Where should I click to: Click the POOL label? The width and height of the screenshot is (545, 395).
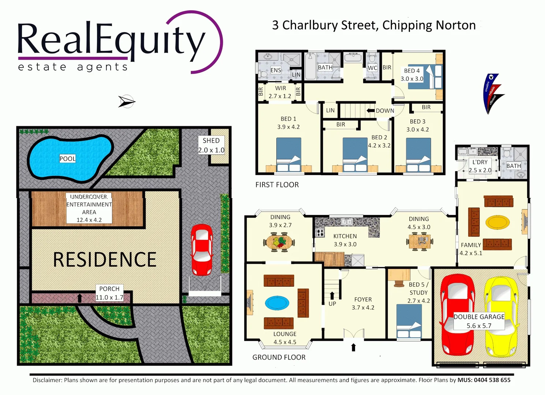tap(67, 158)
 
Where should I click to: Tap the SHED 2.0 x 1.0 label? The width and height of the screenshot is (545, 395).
tap(211, 145)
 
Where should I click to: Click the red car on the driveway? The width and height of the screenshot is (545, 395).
tap(201, 250)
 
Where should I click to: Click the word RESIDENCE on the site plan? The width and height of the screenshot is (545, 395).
tap(105, 259)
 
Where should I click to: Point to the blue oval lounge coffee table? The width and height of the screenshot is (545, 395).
tap(277, 302)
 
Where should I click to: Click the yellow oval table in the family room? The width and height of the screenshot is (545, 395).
tap(497, 222)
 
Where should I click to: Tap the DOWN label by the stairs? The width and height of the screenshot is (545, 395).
tap(385, 110)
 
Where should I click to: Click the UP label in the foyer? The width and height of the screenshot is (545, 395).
tap(332, 304)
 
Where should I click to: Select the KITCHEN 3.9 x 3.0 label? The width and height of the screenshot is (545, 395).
tap(345, 240)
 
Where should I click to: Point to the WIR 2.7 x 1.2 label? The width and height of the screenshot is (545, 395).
tap(280, 92)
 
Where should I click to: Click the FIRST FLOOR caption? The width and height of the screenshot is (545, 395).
tap(277, 185)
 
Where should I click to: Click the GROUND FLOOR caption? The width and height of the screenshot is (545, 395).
tap(279, 357)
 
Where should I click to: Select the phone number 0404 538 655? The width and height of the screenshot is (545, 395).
tap(492, 380)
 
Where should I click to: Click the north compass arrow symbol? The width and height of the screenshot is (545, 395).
tap(126, 101)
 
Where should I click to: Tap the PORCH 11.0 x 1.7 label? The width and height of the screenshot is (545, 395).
tap(109, 293)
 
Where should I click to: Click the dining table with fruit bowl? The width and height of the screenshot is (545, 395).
tap(279, 242)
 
